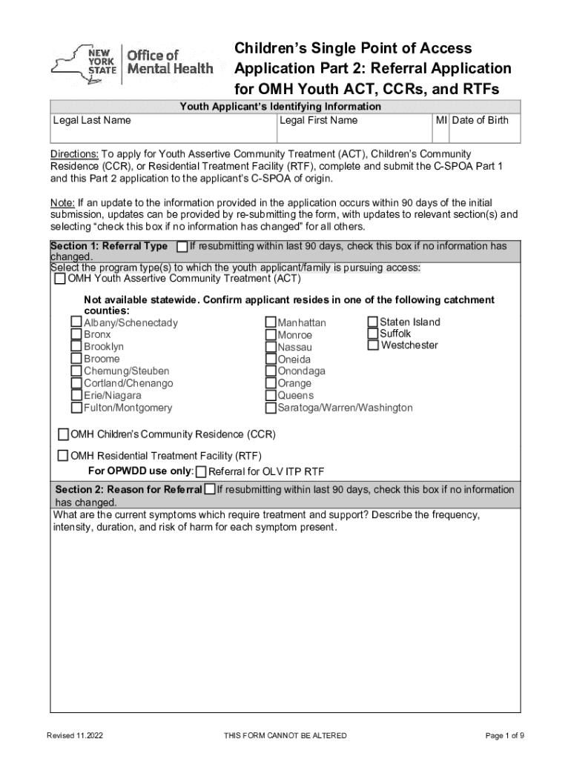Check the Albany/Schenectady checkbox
pyautogui.click(x=76, y=322)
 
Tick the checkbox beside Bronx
pyautogui.click(x=76, y=334)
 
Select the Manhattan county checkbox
pyautogui.click(x=271, y=323)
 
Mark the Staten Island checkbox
pyautogui.click(x=373, y=322)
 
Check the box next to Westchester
pyautogui.click(x=373, y=345)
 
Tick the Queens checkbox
pyautogui.click(x=271, y=395)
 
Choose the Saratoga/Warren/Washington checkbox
pyautogui.click(x=271, y=408)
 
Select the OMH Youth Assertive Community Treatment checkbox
pyautogui.click(x=60, y=279)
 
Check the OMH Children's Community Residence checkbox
pyautogui.click(x=64, y=434)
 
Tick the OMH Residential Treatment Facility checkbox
pyautogui.click(x=64, y=456)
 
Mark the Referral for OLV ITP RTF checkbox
pyautogui.click(x=201, y=472)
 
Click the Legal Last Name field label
pyautogui.click(x=92, y=120)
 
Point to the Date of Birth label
pyautogui.click(x=481, y=120)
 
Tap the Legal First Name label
pyautogui.click(x=318, y=120)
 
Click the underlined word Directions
pyautogui.click(x=74, y=154)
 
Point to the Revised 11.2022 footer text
pyautogui.click(x=75, y=735)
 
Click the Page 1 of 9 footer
pyautogui.click(x=505, y=735)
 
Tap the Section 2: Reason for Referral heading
pyautogui.click(x=128, y=489)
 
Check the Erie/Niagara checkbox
pyautogui.click(x=76, y=395)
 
